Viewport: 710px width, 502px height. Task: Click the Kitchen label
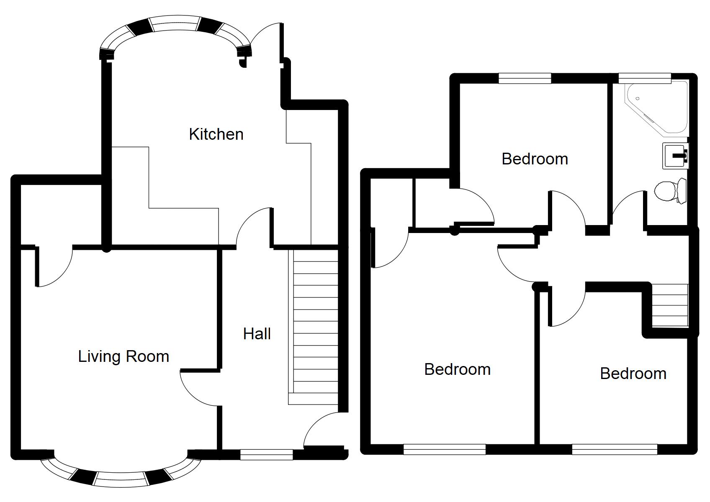(216, 134)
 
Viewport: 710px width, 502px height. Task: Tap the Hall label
(257, 334)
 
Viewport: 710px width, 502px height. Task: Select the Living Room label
(123, 356)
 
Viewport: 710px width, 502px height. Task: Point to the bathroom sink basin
(675, 156)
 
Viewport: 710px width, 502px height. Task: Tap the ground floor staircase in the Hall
(313, 326)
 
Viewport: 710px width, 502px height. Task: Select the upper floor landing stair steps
(670, 305)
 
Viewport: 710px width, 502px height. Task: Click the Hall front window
(266, 454)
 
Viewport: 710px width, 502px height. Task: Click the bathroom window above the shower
(644, 78)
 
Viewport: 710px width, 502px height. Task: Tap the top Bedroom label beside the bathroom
(535, 159)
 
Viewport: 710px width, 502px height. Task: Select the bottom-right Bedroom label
(633, 374)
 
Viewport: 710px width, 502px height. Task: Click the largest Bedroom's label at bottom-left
(457, 369)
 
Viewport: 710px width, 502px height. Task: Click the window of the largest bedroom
(445, 449)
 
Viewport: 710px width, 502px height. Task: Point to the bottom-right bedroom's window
(615, 449)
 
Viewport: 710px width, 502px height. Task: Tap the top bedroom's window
(525, 78)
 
